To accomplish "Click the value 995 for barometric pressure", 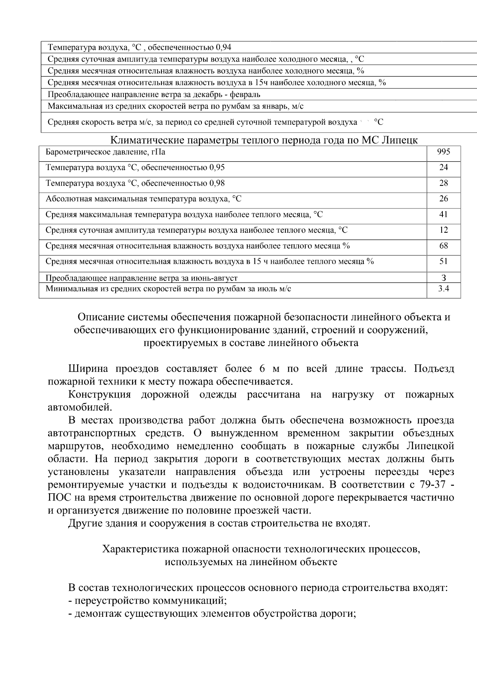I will click(444, 152).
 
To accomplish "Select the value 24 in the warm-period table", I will click(444, 167).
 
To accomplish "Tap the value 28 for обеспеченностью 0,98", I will click(444, 183).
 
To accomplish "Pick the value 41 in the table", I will click(444, 214).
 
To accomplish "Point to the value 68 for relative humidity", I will click(444, 245).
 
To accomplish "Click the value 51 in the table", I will click(444, 261).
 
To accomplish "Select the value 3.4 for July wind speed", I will click(444, 289).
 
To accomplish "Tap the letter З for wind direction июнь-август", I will click(444, 278).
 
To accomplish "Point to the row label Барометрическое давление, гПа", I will click(105, 152).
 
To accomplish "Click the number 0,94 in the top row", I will click(223, 48).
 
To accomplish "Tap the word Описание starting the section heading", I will click(100, 317).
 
